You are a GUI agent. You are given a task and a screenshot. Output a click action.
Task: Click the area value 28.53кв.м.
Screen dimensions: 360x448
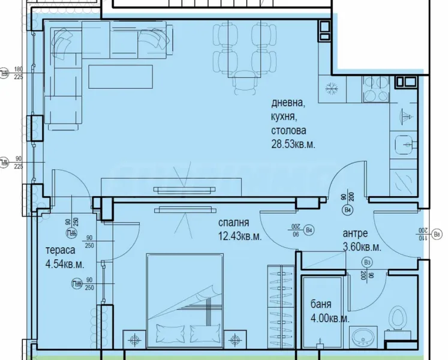tap(292, 144)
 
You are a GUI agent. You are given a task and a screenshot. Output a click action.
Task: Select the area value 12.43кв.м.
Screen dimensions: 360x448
tap(240, 236)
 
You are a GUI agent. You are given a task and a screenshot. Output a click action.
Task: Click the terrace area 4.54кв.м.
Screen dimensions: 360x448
tap(64, 264)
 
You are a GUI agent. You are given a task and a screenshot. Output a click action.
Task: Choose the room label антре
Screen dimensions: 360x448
tap(355, 234)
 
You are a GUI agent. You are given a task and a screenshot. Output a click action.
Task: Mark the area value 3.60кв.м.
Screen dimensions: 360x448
tap(362, 247)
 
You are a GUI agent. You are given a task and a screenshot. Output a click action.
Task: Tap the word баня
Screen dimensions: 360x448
tap(321, 305)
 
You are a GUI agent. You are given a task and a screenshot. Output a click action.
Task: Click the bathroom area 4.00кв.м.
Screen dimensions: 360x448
tap(330, 319)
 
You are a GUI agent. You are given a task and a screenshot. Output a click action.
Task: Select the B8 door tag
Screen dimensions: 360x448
tap(437, 233)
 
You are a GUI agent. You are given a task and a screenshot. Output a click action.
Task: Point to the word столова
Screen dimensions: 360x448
tap(288, 130)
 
